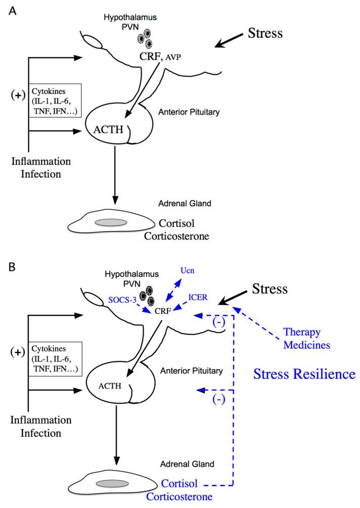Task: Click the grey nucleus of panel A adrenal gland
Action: [107, 222]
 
